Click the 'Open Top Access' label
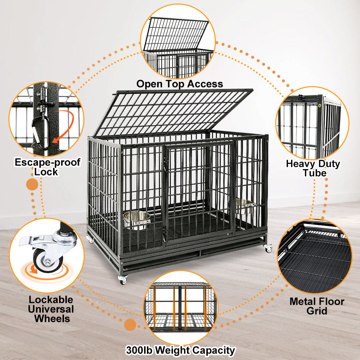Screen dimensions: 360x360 coord(180,84)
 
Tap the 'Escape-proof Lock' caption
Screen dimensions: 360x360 coord(47,167)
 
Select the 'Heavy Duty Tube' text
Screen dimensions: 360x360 coord(313,168)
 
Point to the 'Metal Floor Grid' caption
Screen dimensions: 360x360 coord(317,306)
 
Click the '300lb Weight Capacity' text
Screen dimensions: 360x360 coord(180,351)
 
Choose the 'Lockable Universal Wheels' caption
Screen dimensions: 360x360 coord(51,309)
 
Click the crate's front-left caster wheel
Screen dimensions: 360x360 coord(122,280)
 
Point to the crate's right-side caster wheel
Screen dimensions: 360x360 coord(269,249)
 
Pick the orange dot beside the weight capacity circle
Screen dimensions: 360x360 coord(130,325)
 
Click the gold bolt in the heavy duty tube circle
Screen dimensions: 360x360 coord(320,105)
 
